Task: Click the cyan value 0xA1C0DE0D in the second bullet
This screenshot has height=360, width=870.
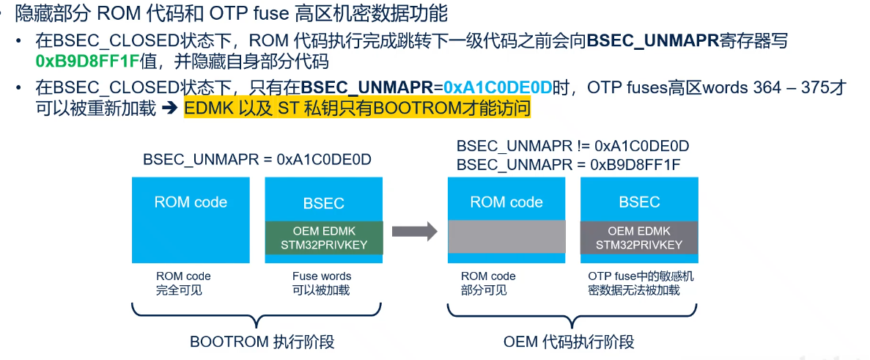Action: point(498,88)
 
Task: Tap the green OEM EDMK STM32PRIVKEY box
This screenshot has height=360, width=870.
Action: point(323,238)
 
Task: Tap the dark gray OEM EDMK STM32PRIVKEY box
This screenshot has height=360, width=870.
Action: point(639,238)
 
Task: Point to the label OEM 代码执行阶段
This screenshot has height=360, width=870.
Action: point(569,342)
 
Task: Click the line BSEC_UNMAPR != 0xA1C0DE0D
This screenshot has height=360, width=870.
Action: point(572,146)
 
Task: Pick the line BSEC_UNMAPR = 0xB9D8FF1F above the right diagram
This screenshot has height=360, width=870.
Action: point(568,164)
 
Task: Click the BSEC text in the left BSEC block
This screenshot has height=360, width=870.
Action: point(323,202)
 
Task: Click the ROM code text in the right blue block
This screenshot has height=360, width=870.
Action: point(506,202)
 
